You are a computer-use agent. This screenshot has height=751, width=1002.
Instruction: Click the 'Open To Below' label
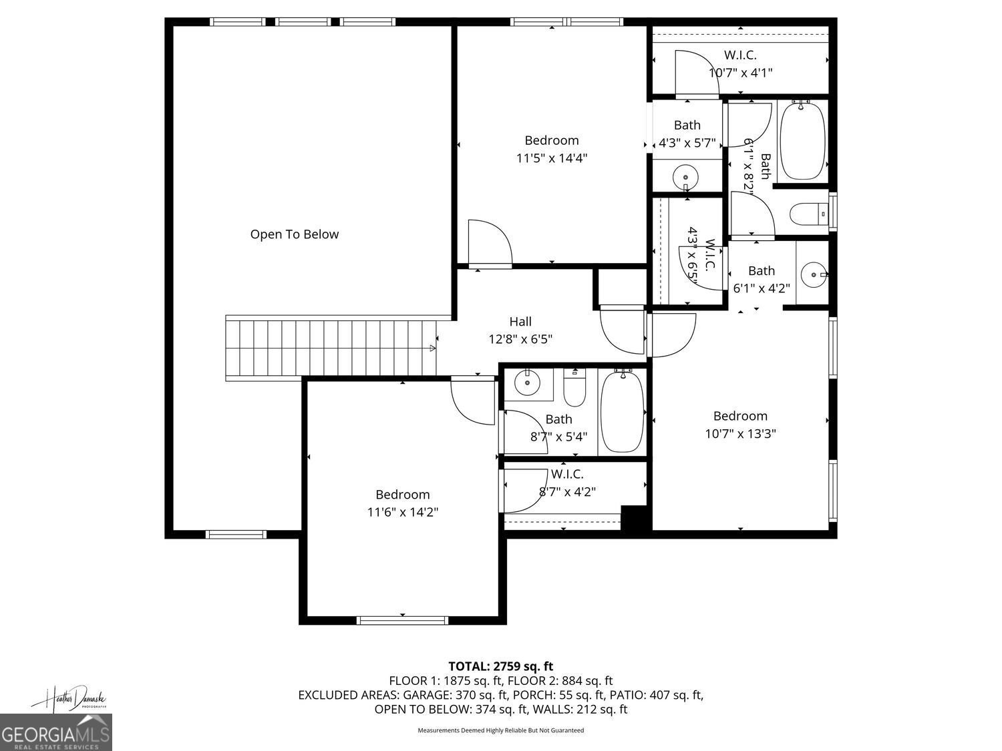[x=294, y=234]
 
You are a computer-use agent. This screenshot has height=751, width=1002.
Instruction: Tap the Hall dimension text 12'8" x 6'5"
[x=520, y=339]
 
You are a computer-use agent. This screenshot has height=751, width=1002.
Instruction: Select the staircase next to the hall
[x=331, y=348]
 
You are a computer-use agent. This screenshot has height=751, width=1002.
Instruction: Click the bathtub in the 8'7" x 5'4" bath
[x=622, y=412]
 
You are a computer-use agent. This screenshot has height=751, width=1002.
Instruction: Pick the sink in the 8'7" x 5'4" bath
[x=528, y=383]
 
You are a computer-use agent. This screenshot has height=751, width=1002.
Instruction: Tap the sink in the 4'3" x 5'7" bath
[x=686, y=178]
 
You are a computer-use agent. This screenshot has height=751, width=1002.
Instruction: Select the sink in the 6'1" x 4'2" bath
[x=812, y=274]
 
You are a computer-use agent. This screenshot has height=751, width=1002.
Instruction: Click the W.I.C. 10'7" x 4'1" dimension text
[x=740, y=73]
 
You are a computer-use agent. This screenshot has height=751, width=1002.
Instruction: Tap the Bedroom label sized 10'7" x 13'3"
[x=740, y=416]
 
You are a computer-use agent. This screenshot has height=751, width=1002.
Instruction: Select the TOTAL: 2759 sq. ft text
[x=500, y=666]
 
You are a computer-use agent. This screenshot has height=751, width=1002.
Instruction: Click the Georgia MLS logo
[x=55, y=733]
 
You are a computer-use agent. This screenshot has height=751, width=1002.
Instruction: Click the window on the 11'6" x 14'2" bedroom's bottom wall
[x=402, y=620]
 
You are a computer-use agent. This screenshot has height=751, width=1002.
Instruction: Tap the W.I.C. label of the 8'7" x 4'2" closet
[x=566, y=474]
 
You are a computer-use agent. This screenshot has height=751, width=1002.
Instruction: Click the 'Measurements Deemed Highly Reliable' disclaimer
[x=500, y=730]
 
